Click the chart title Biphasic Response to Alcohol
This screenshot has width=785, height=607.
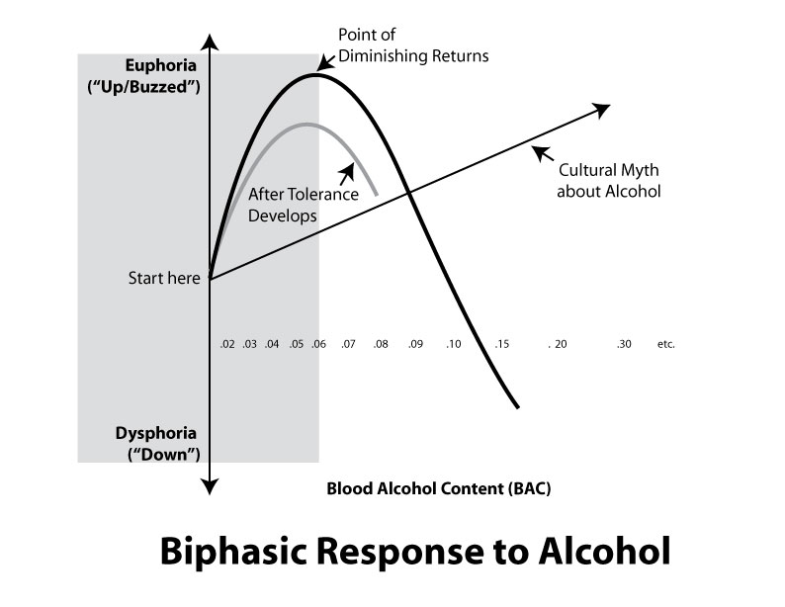(414, 551)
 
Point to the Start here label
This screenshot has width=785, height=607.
(164, 278)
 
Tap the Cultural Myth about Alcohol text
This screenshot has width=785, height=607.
(608, 180)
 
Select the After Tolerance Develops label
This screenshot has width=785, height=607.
(292, 204)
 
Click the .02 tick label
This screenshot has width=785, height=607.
(227, 344)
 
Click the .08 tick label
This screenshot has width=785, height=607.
(381, 344)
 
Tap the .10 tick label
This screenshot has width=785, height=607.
(453, 344)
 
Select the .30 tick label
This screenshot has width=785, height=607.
(623, 344)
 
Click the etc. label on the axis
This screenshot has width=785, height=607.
(665, 344)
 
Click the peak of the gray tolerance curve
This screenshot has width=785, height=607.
(307, 125)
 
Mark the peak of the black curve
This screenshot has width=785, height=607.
(315, 74)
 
